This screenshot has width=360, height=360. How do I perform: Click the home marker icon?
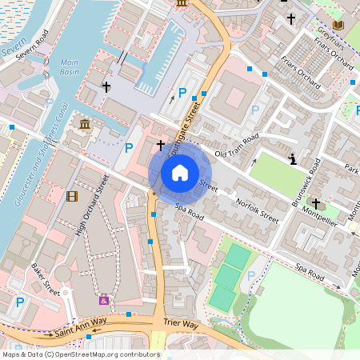(x=180, y=172)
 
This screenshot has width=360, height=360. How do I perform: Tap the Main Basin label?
(x=70, y=66)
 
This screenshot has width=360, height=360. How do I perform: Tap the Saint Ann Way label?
(x=81, y=325)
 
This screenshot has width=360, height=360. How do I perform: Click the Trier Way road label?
(x=180, y=324)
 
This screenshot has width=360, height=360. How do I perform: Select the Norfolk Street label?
(x=258, y=209)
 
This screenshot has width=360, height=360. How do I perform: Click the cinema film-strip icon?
(x=73, y=197)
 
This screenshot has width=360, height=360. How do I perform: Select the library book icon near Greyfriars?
(x=338, y=26)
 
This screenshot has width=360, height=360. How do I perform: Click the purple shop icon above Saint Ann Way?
(x=103, y=300)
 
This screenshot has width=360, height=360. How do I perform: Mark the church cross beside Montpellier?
(x=315, y=204)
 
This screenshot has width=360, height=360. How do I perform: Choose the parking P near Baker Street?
(x=20, y=302)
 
